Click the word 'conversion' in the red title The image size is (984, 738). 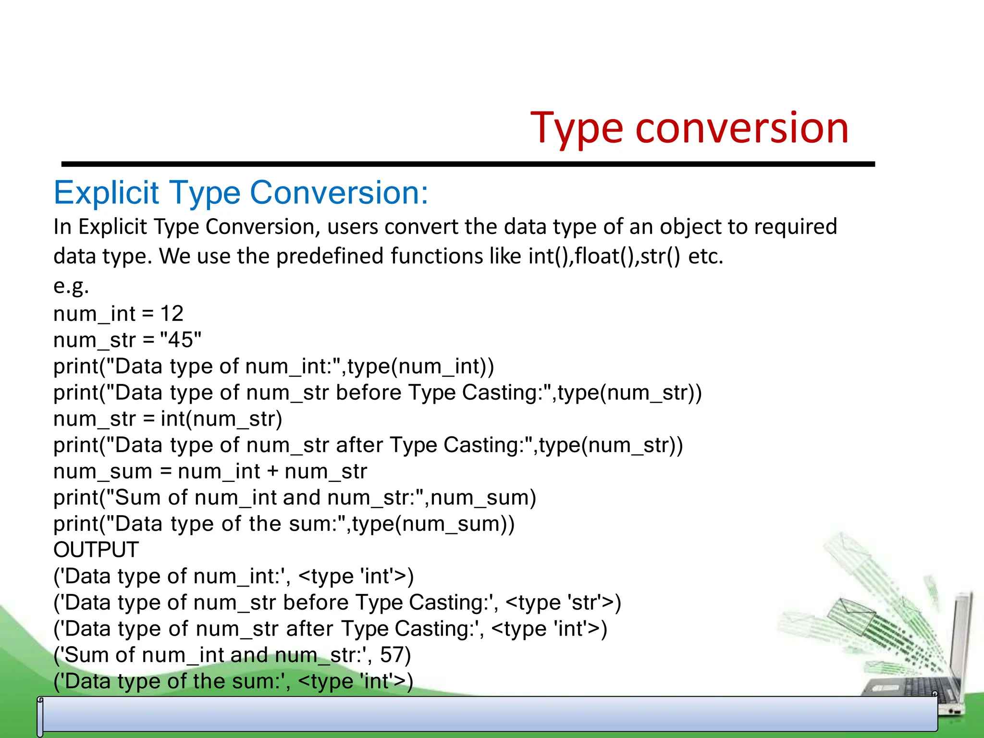click(742, 128)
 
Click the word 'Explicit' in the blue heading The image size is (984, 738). click(107, 193)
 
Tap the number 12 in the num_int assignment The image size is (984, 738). click(172, 314)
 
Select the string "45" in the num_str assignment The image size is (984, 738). click(180, 340)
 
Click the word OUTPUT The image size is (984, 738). click(96, 550)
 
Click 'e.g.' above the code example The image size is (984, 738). click(71, 286)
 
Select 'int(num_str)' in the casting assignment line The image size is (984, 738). click(221, 419)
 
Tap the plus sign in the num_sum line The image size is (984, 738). click(272, 471)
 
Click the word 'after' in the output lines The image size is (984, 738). click(309, 629)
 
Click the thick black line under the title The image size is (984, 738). click(468, 164)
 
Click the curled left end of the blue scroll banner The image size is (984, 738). click(40, 716)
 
